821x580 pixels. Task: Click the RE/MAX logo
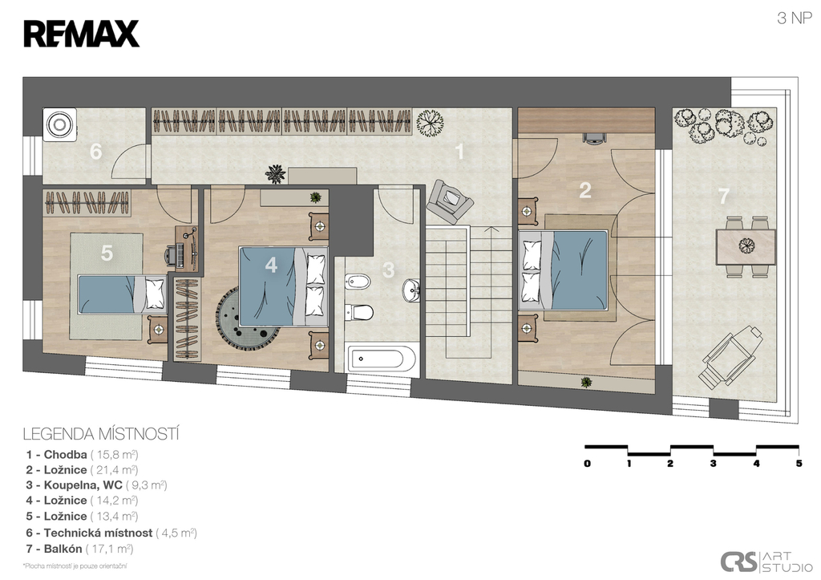(x=81, y=34)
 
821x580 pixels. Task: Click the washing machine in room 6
(x=59, y=124)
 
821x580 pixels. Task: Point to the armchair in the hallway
(x=450, y=201)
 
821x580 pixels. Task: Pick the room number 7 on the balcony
(x=724, y=196)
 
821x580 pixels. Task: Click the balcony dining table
(x=746, y=246)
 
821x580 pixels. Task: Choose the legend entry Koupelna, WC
(x=97, y=485)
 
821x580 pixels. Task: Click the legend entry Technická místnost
(x=111, y=533)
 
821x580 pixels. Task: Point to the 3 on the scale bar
(x=713, y=464)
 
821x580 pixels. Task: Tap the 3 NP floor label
(x=795, y=18)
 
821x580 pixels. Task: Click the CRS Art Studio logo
(x=766, y=562)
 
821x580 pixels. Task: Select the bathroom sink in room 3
(x=411, y=290)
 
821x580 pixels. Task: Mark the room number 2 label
(x=584, y=190)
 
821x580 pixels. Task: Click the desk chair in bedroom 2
(x=594, y=137)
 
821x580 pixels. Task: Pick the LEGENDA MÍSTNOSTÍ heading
(x=101, y=434)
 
